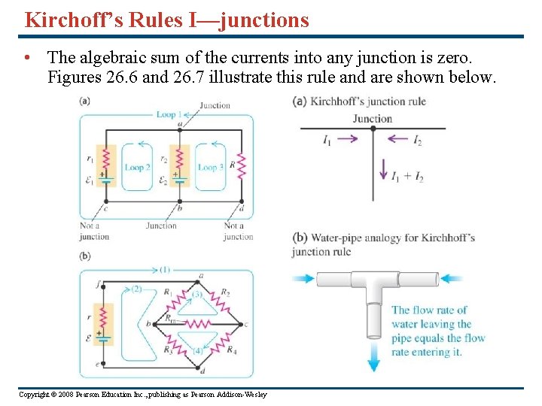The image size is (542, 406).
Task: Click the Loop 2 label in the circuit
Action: (134, 168)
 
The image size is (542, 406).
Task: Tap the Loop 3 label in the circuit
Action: (211, 168)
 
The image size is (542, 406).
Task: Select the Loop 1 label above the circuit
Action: (166, 115)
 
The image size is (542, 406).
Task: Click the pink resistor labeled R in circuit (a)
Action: (241, 165)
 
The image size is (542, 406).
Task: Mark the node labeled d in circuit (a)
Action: (241, 201)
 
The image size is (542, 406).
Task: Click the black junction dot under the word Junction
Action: (373, 129)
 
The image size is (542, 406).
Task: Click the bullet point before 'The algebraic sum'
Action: (28, 57)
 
